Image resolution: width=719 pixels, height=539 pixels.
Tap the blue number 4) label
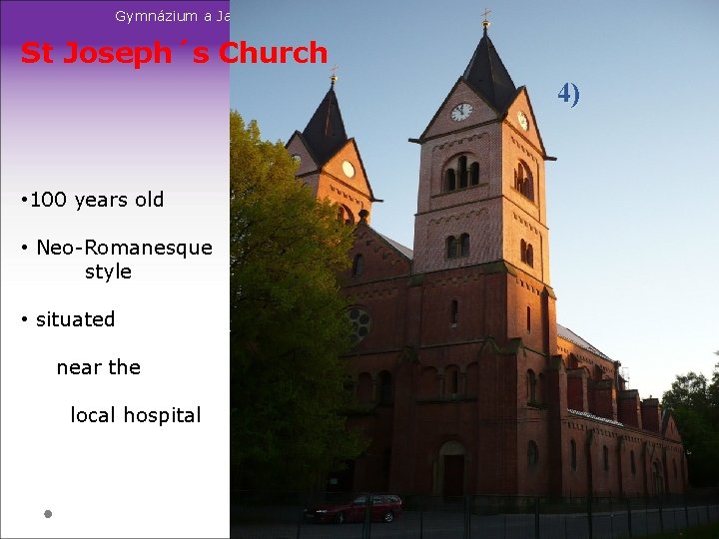click(569, 94)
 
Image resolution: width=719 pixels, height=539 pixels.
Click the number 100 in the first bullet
click(47, 200)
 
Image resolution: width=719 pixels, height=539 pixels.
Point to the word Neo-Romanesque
click(124, 248)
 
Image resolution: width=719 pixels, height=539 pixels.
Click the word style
click(108, 271)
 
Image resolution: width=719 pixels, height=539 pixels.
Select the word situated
click(75, 319)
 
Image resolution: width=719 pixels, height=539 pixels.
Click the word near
click(78, 367)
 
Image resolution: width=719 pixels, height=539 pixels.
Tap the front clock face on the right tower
click(461, 112)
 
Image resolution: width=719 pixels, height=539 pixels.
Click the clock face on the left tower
click(349, 169)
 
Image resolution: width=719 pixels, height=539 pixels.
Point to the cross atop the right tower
click(486, 17)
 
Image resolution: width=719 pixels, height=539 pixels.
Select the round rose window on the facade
click(357, 323)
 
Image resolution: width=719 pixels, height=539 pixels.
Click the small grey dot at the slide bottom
click(47, 514)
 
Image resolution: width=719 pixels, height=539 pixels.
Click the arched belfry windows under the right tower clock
click(460, 173)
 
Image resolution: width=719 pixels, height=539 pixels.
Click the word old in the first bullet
click(148, 200)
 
